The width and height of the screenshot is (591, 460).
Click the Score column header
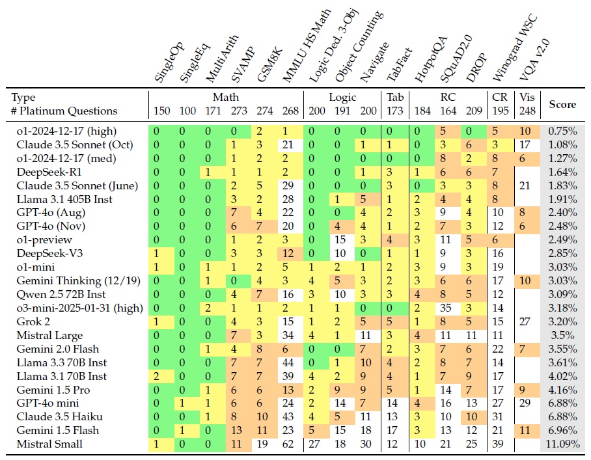click(x=562, y=104)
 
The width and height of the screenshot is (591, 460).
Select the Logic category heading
click(x=342, y=98)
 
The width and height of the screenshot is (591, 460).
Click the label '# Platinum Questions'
click(x=64, y=111)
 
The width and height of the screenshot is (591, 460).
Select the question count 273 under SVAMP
click(x=239, y=111)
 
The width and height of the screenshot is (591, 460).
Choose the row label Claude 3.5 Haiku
click(x=51, y=416)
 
